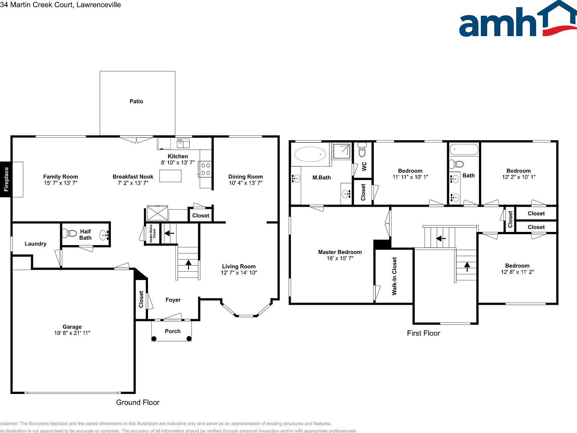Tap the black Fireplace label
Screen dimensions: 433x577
(6, 179)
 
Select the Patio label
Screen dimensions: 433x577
(136, 101)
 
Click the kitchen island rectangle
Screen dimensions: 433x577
(170, 176)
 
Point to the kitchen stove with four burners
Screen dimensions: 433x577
(205, 169)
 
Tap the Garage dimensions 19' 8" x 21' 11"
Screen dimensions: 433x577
(72, 333)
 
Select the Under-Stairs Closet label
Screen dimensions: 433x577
(153, 233)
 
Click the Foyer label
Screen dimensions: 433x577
(173, 300)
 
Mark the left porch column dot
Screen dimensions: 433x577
(154, 339)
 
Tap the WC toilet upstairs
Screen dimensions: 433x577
(362, 150)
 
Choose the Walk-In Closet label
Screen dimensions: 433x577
(394, 276)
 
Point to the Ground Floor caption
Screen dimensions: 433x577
(138, 403)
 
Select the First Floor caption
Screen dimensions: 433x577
(423, 333)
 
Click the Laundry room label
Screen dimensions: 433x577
(36, 244)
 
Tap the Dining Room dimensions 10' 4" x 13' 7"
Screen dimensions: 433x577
(246, 183)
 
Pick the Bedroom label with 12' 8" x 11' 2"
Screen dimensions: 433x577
(517, 266)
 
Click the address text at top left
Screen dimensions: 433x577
(60, 5)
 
